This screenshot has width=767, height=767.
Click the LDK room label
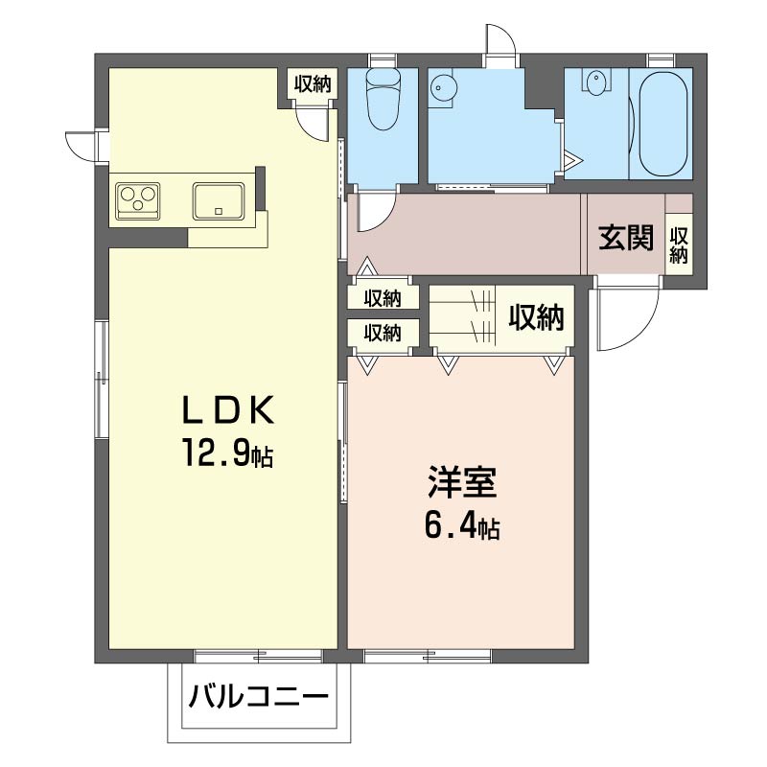click(x=227, y=410)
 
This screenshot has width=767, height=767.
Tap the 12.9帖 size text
click(x=227, y=453)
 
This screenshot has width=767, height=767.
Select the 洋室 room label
click(x=462, y=482)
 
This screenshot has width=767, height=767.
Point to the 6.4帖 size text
click(x=462, y=525)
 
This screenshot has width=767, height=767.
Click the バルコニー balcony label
click(x=259, y=696)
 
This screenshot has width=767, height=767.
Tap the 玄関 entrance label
click(x=626, y=238)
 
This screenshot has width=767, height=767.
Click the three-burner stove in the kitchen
click(x=138, y=200)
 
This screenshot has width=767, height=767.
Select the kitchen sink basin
click(x=219, y=201)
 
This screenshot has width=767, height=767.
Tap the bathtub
click(x=662, y=125)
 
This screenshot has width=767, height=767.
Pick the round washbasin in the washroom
click(x=443, y=88)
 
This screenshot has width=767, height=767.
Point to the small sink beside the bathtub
click(x=595, y=83)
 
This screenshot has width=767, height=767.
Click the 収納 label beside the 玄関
click(x=679, y=245)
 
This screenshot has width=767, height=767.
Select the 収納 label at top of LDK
click(x=313, y=84)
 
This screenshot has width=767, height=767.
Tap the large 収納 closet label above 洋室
click(x=537, y=317)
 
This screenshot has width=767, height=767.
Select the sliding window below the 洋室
click(x=428, y=655)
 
